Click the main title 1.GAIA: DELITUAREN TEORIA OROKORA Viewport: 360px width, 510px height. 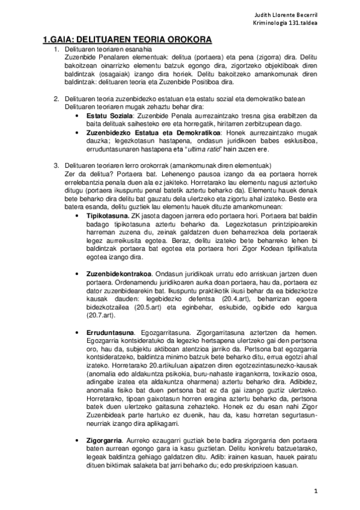127,40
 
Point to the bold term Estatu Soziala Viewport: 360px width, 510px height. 110,114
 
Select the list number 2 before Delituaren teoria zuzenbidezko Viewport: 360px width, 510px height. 56,99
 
